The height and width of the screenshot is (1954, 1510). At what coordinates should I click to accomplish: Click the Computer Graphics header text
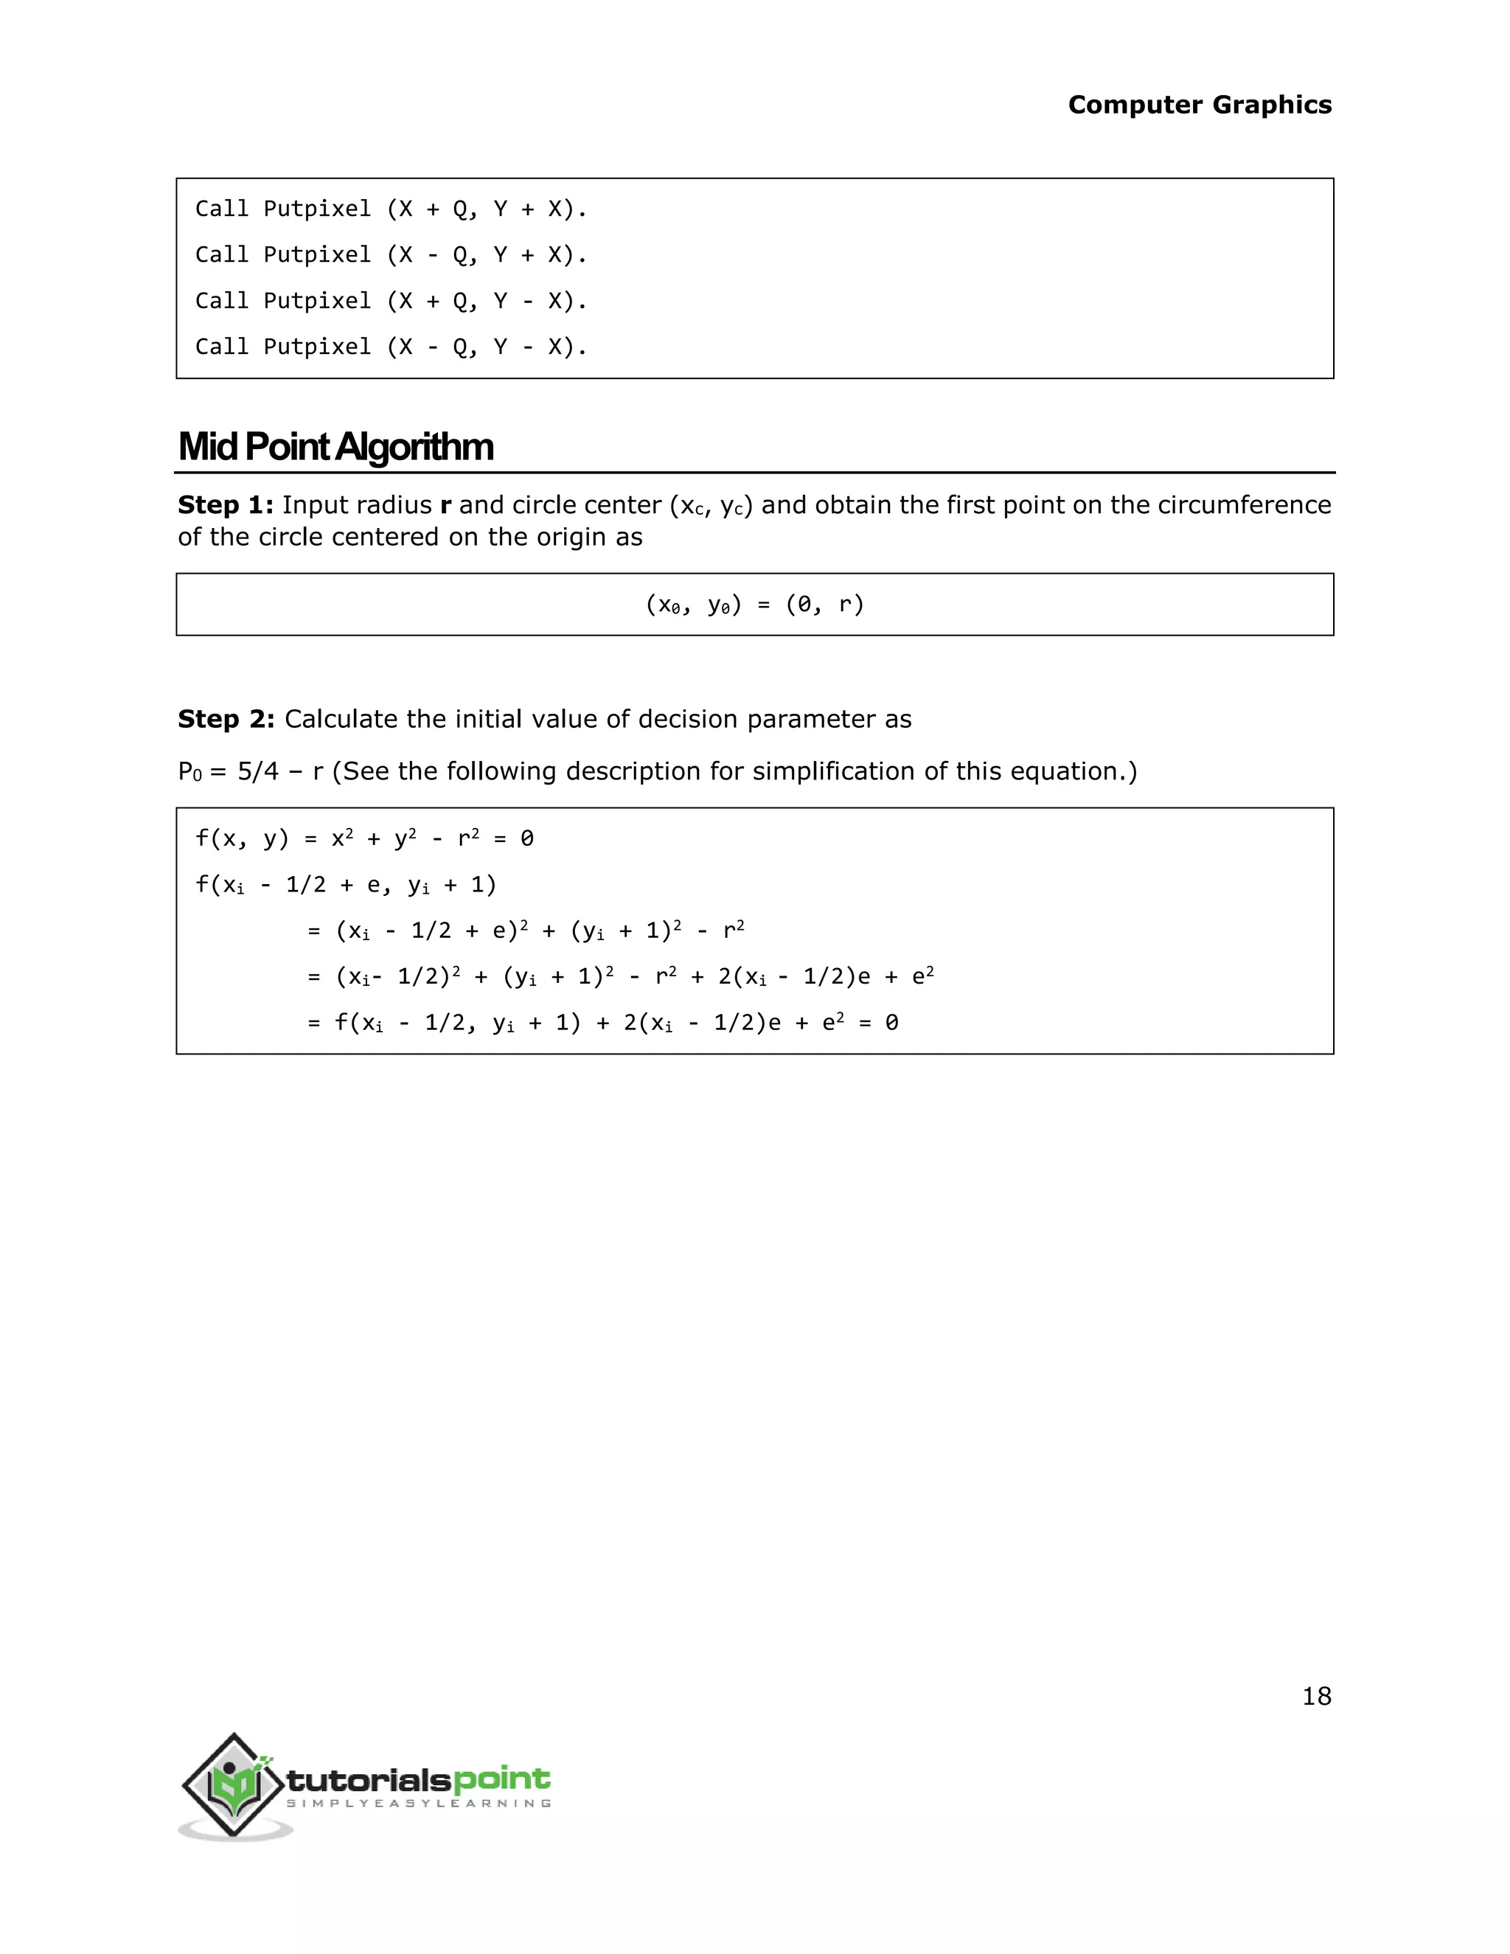pyautogui.click(x=1199, y=105)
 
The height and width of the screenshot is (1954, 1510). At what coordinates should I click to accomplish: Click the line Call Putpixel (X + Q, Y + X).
pyautogui.click(x=391, y=209)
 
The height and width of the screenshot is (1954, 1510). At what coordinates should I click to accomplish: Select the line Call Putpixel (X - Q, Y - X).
pyautogui.click(x=391, y=347)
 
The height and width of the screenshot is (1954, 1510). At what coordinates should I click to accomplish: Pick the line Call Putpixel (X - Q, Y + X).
pyautogui.click(x=391, y=255)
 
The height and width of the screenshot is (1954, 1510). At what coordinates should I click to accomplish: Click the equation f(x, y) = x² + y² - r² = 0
pyautogui.click(x=364, y=838)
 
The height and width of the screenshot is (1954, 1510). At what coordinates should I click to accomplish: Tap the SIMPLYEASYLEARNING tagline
pyautogui.click(x=418, y=1803)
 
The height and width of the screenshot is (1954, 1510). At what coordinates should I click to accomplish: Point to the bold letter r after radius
pyautogui.click(x=445, y=506)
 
